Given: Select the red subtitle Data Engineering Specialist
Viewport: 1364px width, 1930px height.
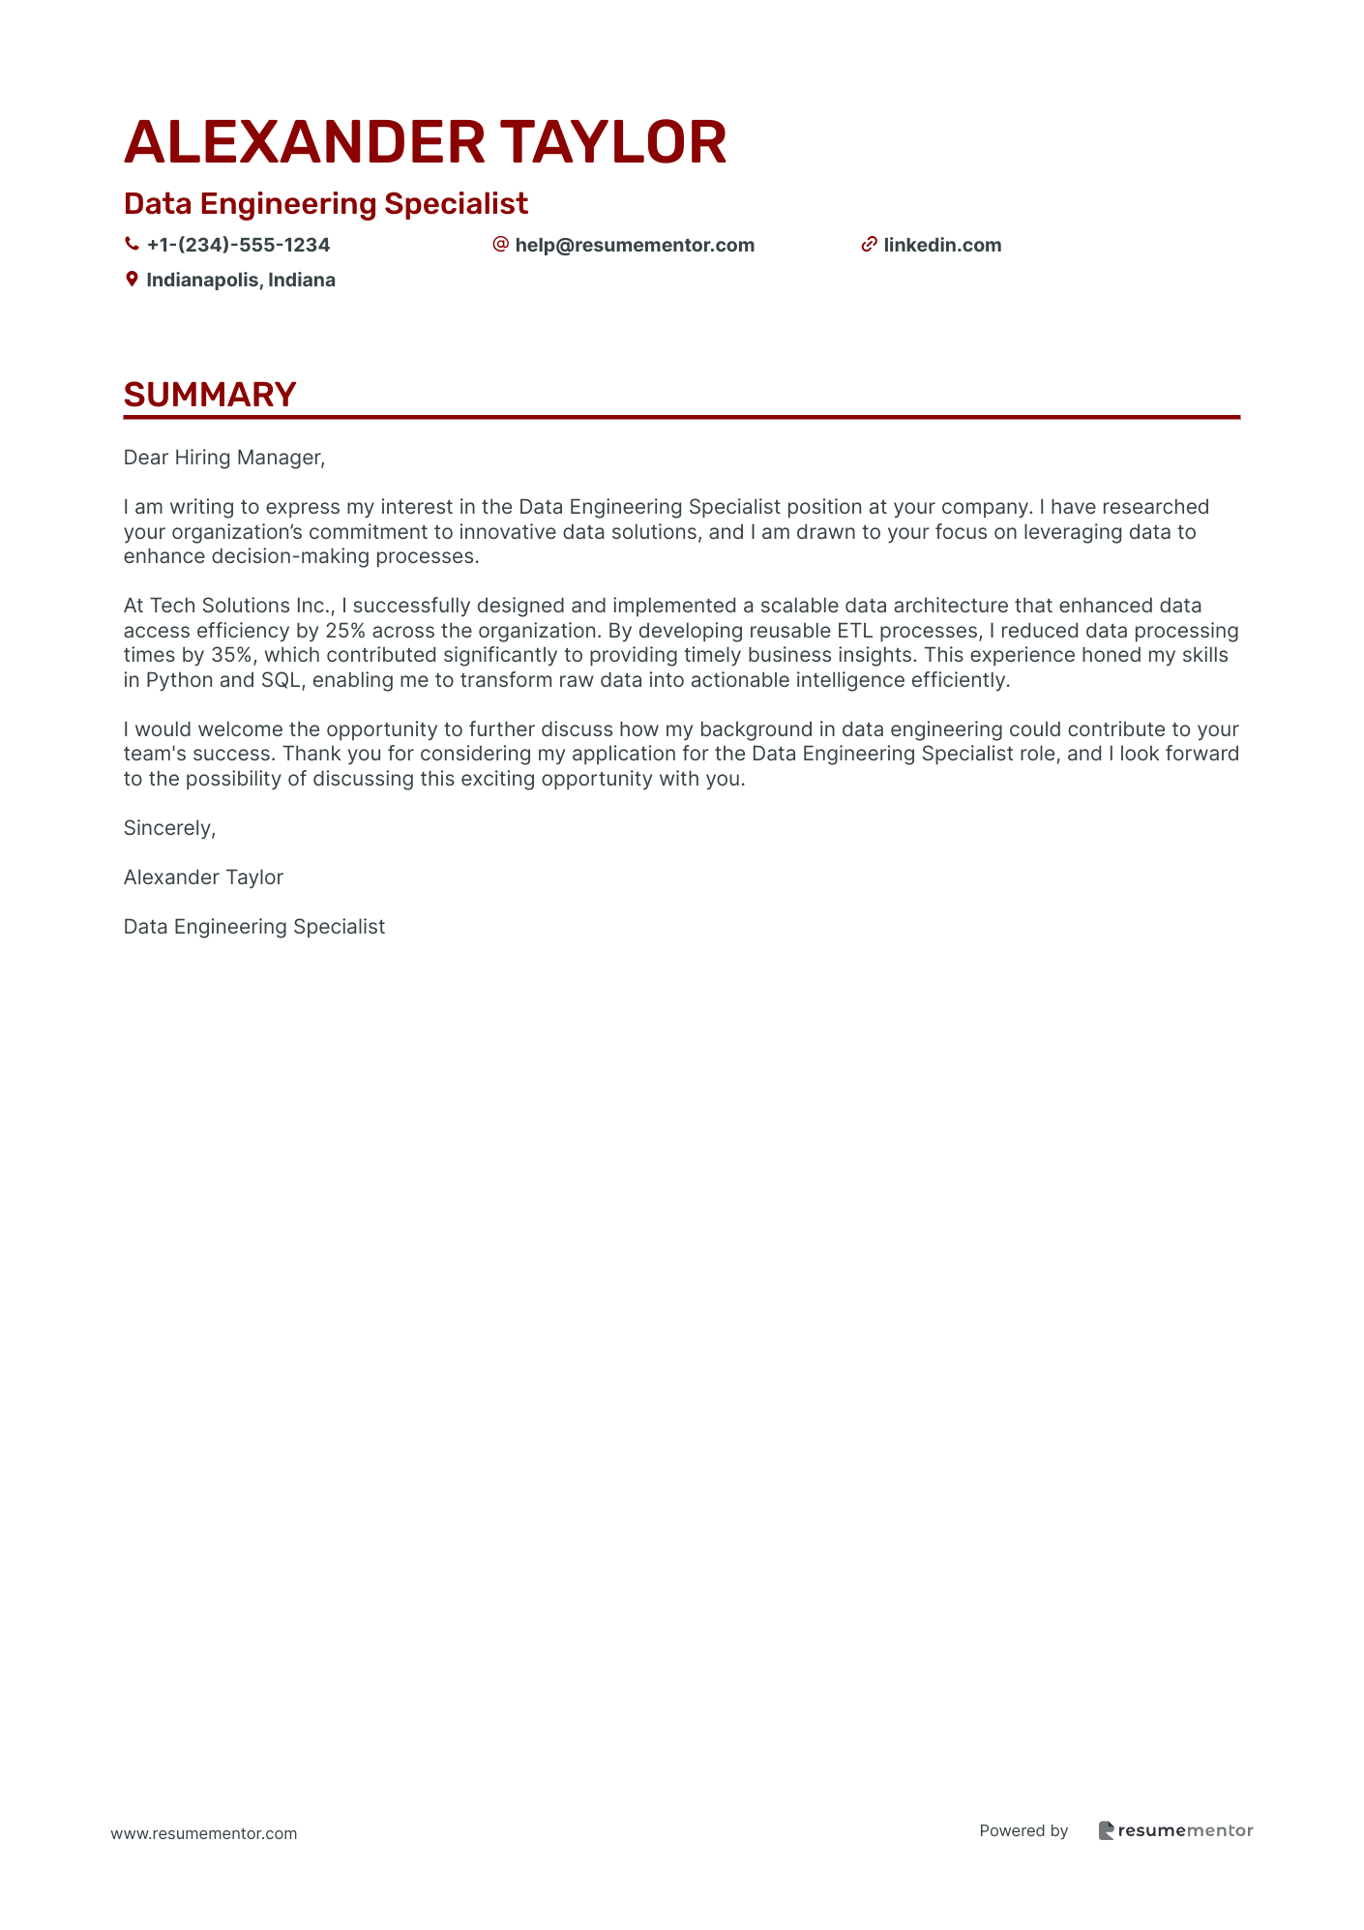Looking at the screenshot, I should click(x=326, y=204).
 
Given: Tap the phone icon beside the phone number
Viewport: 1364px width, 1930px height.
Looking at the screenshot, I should click(x=132, y=245).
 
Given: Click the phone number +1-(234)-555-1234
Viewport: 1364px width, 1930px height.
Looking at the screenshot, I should click(x=238, y=245).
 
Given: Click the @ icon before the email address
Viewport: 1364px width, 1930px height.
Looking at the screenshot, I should click(x=500, y=245).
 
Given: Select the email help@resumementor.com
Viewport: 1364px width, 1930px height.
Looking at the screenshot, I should click(x=635, y=245).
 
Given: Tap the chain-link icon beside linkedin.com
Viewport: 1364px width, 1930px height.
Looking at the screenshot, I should click(x=869, y=245).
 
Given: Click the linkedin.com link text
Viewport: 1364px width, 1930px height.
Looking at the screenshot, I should click(x=942, y=245).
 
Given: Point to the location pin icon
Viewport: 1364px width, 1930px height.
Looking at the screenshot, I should click(x=132, y=280).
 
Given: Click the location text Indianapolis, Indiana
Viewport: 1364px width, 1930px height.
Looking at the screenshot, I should click(x=241, y=280).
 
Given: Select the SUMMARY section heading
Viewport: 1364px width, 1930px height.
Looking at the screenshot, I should click(x=210, y=395).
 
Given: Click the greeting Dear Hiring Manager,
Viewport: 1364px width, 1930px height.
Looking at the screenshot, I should click(x=224, y=458).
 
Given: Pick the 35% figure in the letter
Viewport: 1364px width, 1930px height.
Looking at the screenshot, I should click(x=231, y=655).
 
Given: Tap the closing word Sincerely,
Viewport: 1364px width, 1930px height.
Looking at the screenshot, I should click(x=169, y=828).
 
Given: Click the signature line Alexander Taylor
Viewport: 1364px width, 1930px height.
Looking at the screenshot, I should click(x=203, y=877).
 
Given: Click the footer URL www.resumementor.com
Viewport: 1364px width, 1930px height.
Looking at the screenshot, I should click(x=204, y=1833).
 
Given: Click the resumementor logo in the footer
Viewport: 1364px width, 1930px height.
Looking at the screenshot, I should click(x=1175, y=1830).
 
